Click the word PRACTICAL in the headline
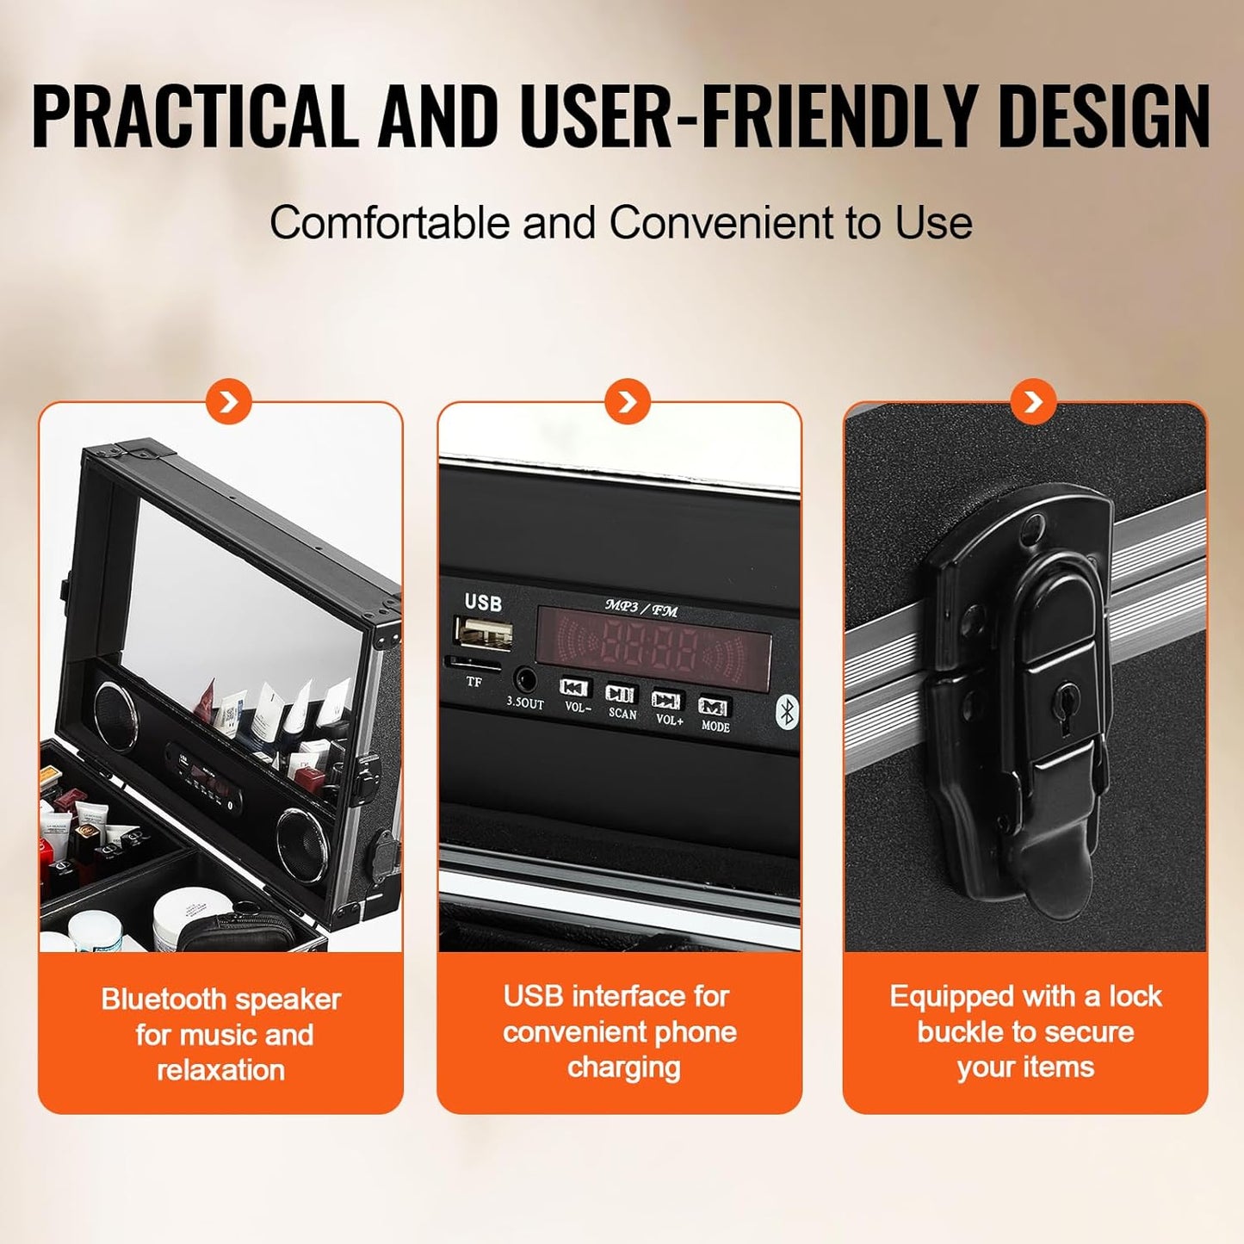(195, 116)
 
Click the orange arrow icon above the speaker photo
(229, 401)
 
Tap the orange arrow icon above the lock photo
(1034, 401)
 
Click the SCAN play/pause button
(620, 694)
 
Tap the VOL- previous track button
(575, 688)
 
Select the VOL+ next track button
(666, 700)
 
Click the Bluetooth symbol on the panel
(785, 711)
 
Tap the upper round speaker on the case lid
(114, 714)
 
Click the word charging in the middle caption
(624, 1068)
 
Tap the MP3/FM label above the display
(641, 608)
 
